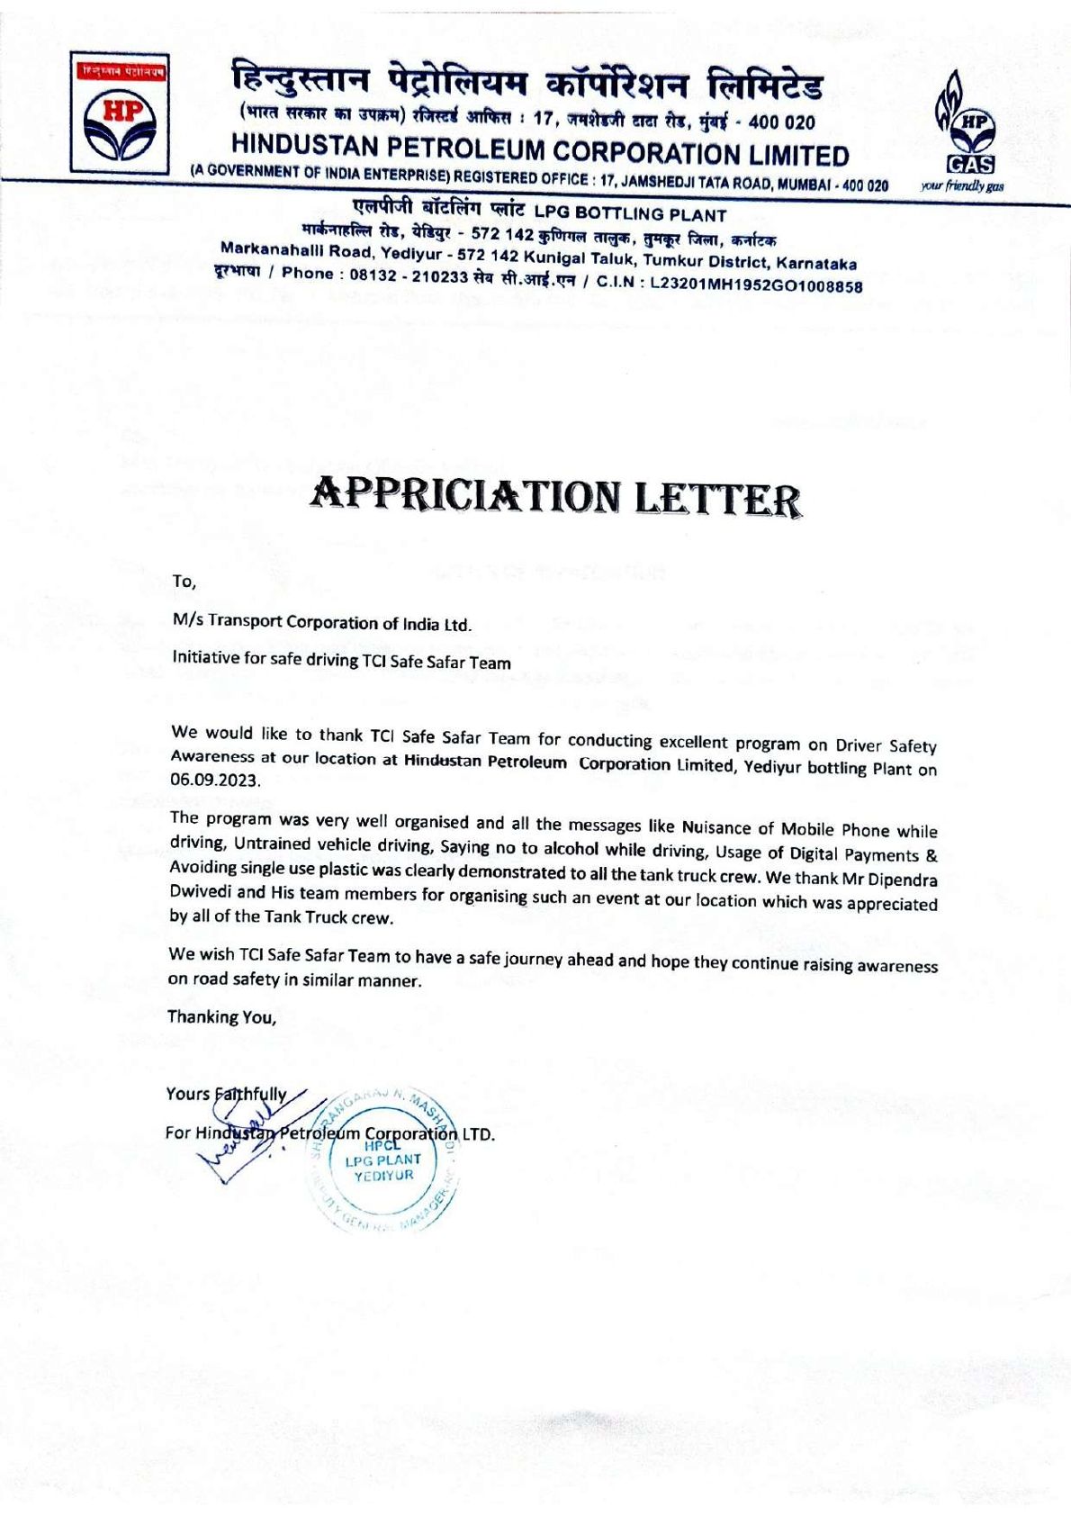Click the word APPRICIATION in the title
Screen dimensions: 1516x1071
point(467,494)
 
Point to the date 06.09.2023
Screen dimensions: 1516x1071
point(215,780)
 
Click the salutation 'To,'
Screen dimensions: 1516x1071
point(184,582)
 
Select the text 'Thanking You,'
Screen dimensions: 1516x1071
point(222,1017)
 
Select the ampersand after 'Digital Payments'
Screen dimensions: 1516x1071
point(931,855)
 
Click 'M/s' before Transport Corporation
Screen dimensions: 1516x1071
point(187,621)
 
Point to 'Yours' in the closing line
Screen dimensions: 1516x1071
point(187,1094)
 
